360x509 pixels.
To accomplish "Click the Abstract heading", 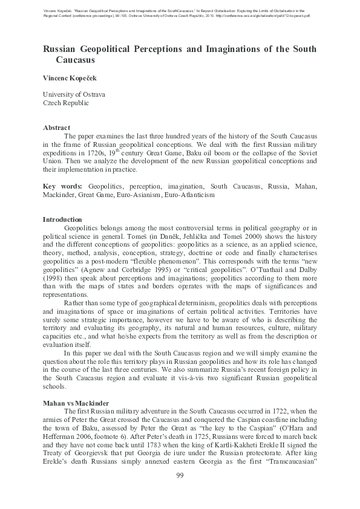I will [56, 128].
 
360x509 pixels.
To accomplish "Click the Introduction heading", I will [62, 219].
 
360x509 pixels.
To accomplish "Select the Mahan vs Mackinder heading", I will [78, 402].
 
